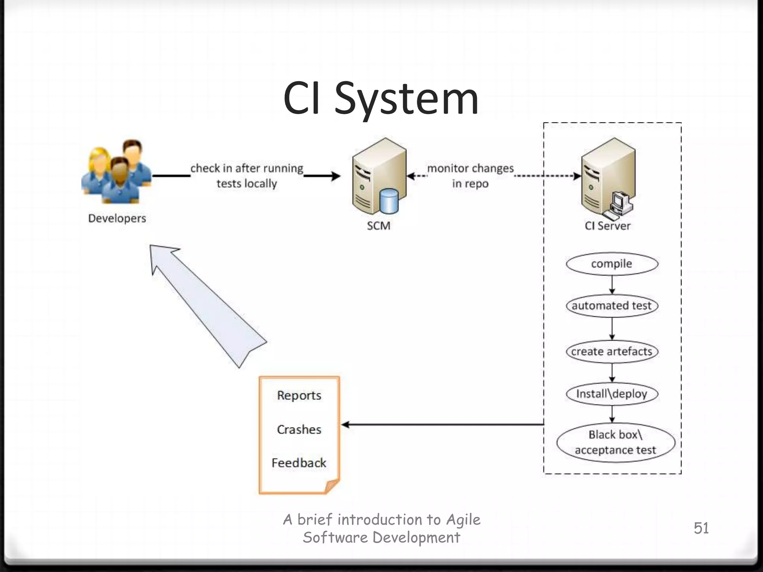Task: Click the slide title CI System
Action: pos(381,99)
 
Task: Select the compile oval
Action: pos(612,264)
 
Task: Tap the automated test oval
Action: pos(612,306)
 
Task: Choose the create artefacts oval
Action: pos(612,352)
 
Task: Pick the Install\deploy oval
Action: pos(612,394)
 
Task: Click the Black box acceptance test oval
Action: pos(615,442)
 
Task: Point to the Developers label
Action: pos(117,218)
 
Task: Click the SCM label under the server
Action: pos(379,226)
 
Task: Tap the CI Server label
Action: pos(607,226)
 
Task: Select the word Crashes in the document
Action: pos(299,429)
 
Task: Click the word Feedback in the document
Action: pos(299,463)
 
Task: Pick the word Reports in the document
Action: pos(299,395)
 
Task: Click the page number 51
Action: pos(701,528)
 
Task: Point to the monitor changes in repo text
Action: pos(470,175)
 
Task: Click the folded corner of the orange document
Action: pos(332,486)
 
